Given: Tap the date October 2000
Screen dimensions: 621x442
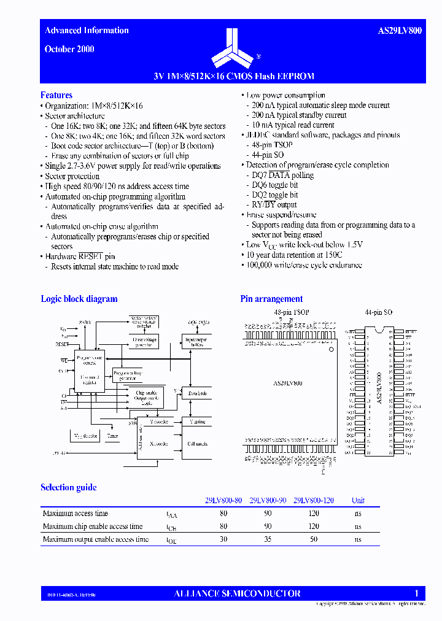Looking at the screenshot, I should click(x=69, y=49).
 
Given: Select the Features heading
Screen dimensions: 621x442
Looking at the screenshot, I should click(x=56, y=95).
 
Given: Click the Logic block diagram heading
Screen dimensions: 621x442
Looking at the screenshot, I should click(x=79, y=299).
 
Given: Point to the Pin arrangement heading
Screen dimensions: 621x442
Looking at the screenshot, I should click(x=271, y=299).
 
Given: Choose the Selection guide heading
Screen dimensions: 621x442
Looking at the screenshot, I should click(x=69, y=487).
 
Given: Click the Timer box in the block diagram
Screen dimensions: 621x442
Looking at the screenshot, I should click(x=112, y=436).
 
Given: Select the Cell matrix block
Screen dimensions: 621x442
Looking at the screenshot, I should click(x=197, y=442).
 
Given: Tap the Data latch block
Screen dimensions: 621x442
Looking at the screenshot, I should click(x=197, y=393).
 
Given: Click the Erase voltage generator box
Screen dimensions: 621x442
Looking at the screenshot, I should click(x=145, y=341).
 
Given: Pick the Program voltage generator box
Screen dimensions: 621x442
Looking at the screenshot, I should click(x=128, y=375).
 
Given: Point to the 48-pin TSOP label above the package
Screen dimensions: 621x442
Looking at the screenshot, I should click(x=291, y=312).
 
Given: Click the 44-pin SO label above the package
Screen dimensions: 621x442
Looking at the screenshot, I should click(x=378, y=312).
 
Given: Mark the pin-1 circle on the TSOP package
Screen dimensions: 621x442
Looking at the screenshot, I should click(x=331, y=349).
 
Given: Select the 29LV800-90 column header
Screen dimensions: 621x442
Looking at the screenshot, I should click(x=268, y=500).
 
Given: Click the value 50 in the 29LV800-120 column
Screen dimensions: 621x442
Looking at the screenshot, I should click(x=314, y=539).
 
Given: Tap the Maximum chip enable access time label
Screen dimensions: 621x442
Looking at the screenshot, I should click(x=93, y=526).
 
